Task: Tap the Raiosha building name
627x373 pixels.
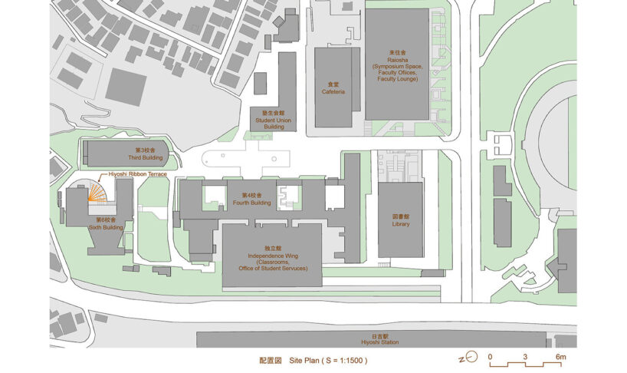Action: (396, 61)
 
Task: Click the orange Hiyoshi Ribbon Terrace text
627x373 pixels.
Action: (137, 174)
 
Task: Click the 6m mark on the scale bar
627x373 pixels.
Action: (561, 358)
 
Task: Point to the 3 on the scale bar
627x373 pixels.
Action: (526, 358)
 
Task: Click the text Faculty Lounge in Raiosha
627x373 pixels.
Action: (396, 79)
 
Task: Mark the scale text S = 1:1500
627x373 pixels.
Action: (350, 359)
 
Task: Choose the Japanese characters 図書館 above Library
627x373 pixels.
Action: (400, 217)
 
